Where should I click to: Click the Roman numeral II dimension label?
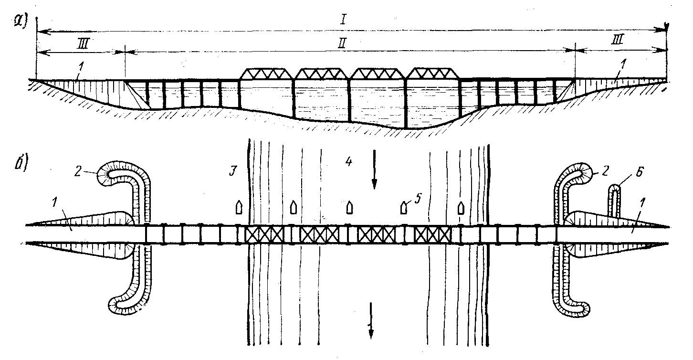pyautogui.click(x=342, y=43)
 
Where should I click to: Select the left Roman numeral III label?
pyautogui.click(x=83, y=45)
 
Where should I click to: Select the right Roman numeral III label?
pyautogui.click(x=618, y=39)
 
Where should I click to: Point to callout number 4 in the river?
pyautogui.click(x=349, y=161)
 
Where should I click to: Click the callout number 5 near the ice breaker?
pyautogui.click(x=418, y=199)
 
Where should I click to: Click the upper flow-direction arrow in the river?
pyautogui.click(x=374, y=169)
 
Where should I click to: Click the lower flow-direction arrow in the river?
pyautogui.click(x=370, y=321)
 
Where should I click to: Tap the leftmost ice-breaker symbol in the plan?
pyautogui.click(x=239, y=207)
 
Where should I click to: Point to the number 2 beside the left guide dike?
pyautogui.click(x=78, y=172)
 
